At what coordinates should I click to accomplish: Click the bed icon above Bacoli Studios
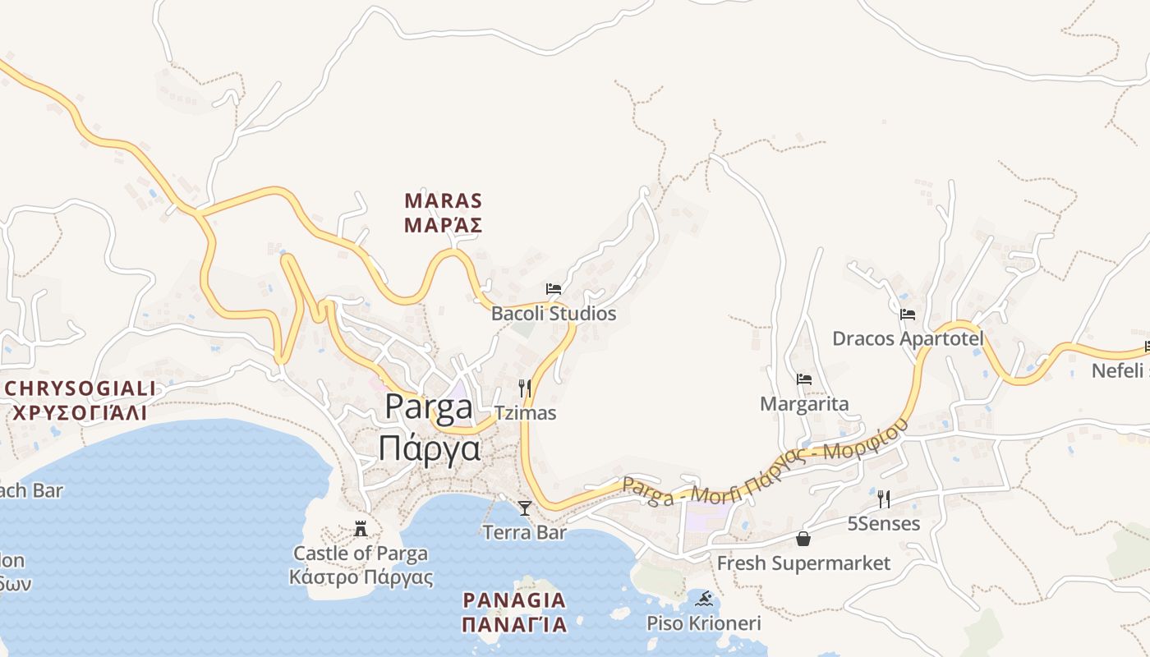[x=554, y=289]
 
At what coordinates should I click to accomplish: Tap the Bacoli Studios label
[x=553, y=314]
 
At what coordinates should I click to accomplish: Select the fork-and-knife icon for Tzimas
[x=525, y=388]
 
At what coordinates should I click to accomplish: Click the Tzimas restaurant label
[x=525, y=413]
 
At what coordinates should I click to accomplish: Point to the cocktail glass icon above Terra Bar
[x=525, y=508]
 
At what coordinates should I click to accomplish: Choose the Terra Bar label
[x=525, y=532]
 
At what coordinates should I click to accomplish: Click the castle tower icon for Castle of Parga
[x=360, y=528]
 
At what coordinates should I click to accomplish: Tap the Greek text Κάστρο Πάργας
[x=361, y=577]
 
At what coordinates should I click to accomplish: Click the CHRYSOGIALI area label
[x=79, y=388]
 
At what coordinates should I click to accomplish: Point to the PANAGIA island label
[x=514, y=600]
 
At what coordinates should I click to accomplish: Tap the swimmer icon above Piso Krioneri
[x=703, y=599]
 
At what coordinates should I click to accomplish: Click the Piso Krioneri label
[x=703, y=623]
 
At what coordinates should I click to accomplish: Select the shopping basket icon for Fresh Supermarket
[x=803, y=539]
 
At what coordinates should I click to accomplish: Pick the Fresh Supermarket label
[x=803, y=563]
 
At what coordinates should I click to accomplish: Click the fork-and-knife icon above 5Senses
[x=884, y=499]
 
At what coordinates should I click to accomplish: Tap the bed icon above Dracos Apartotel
[x=908, y=315]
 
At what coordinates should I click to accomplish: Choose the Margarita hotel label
[x=804, y=404]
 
